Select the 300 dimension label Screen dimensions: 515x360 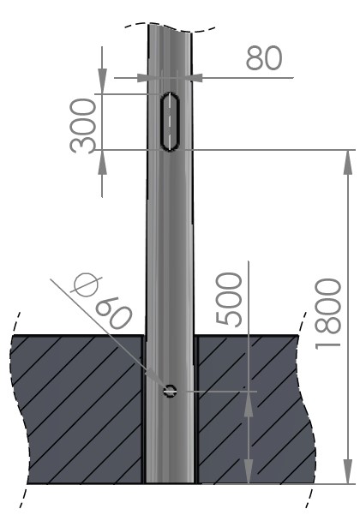pos(84,124)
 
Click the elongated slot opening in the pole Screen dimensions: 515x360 pos(170,121)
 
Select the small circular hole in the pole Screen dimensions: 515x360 pos(170,391)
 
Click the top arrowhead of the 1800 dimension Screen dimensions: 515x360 pos(348,159)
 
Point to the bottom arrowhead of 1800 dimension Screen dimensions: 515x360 pos(348,474)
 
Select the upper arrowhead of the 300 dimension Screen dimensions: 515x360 pos(102,84)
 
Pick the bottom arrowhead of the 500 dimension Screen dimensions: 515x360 pos(249,473)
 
